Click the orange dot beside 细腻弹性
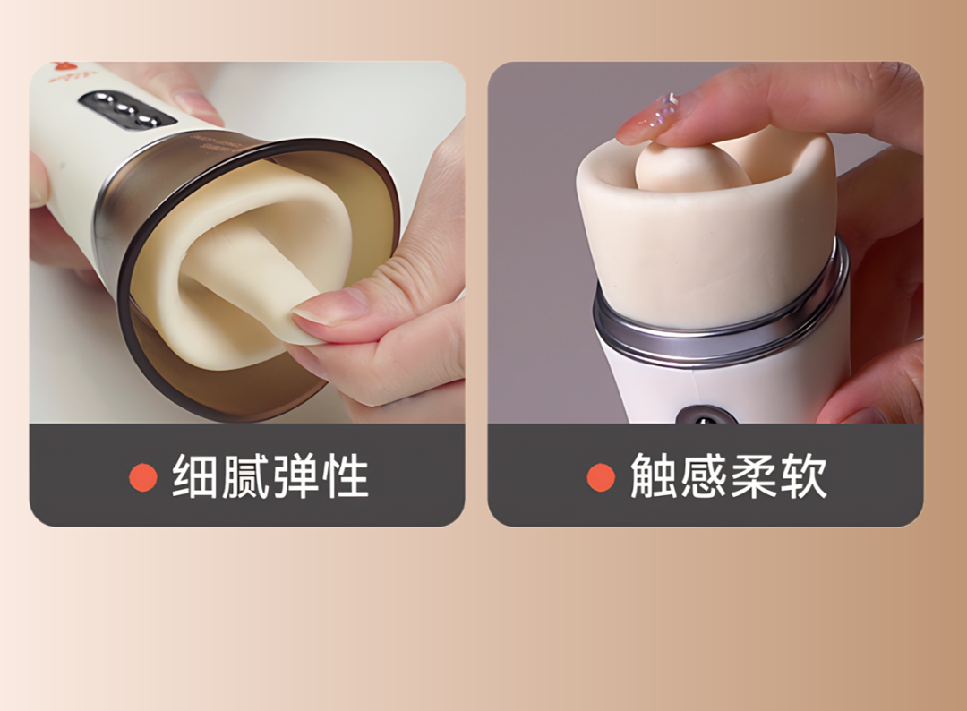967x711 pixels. [143, 476]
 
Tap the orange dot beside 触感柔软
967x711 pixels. [601, 476]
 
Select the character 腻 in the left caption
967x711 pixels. [245, 476]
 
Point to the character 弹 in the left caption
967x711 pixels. [295, 476]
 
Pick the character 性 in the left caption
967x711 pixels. [346, 476]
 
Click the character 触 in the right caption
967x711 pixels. [654, 476]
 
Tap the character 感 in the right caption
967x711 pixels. [704, 476]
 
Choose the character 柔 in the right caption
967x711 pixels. [754, 476]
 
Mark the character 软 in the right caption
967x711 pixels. [803, 476]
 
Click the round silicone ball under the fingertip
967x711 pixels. [691, 166]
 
